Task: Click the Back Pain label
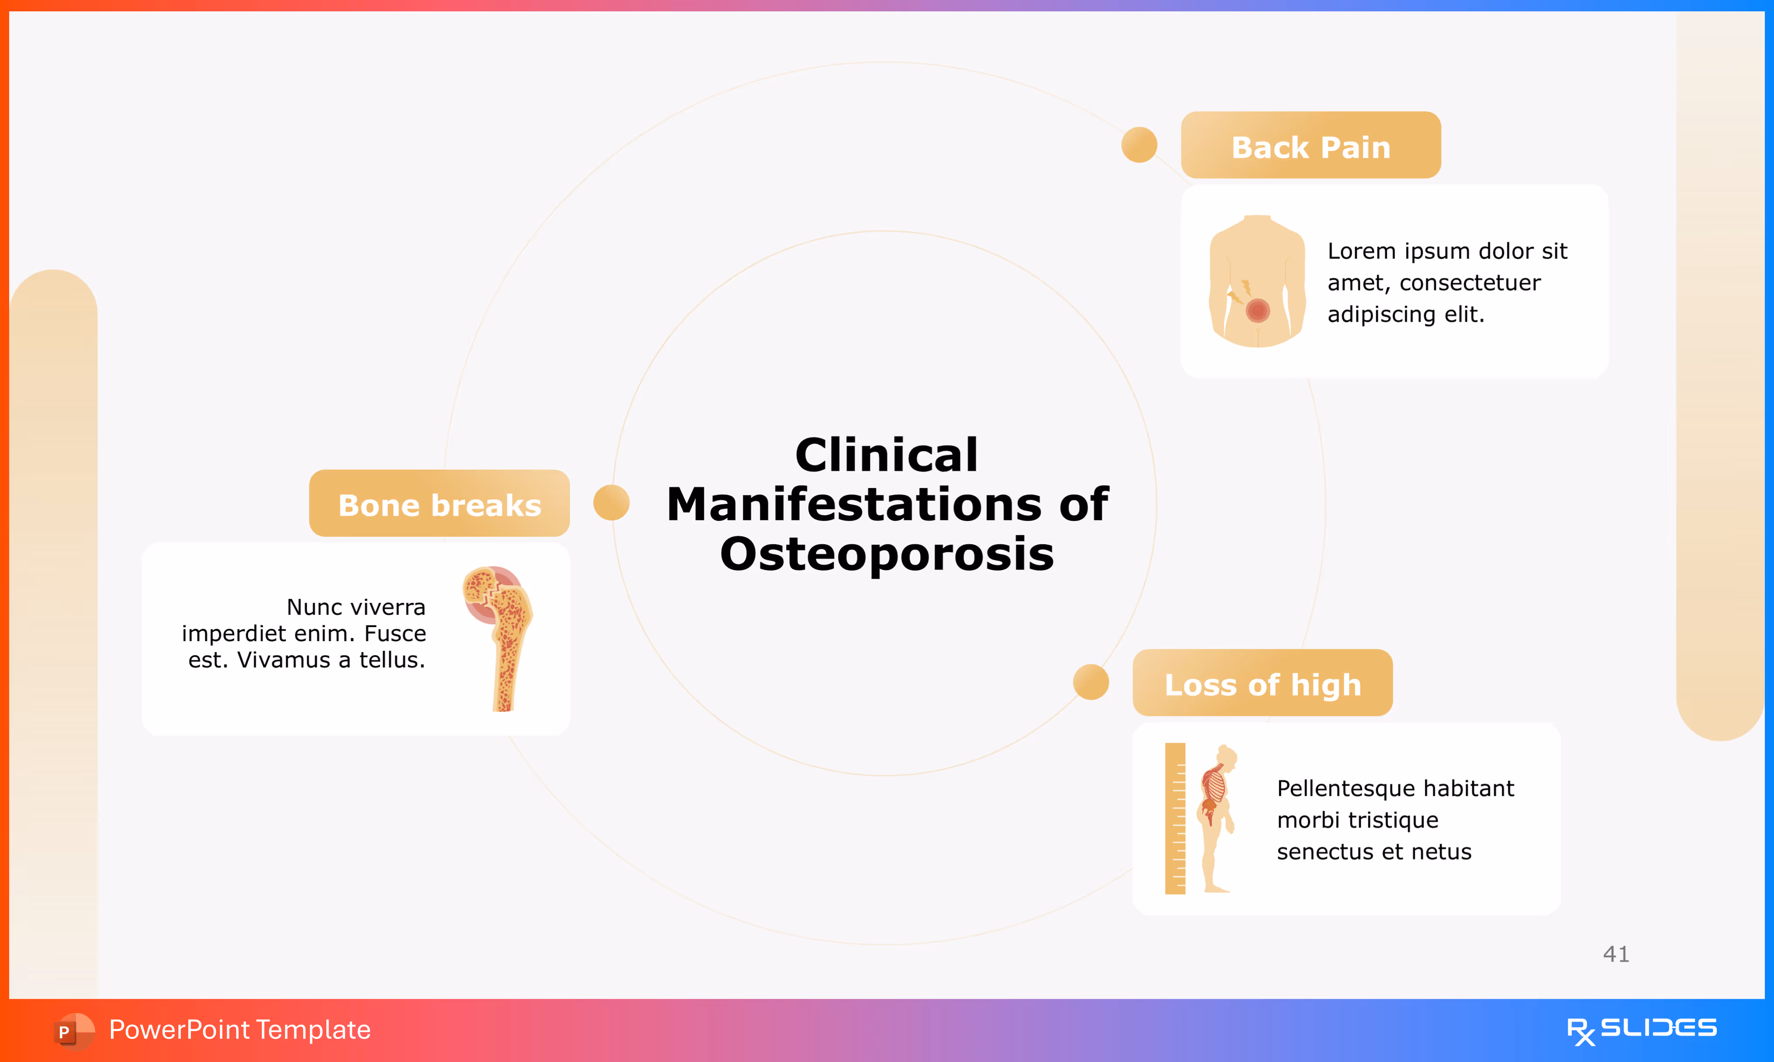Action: point(1310,147)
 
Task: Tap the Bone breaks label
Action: point(439,505)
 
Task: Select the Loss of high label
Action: point(1262,685)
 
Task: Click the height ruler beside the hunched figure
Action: point(1175,818)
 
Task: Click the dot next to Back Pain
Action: point(1139,145)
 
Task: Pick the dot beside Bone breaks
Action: point(611,503)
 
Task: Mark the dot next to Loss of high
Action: point(1091,682)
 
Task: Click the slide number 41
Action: point(1616,954)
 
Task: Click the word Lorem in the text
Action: point(1361,251)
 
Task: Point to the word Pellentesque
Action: point(1342,788)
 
